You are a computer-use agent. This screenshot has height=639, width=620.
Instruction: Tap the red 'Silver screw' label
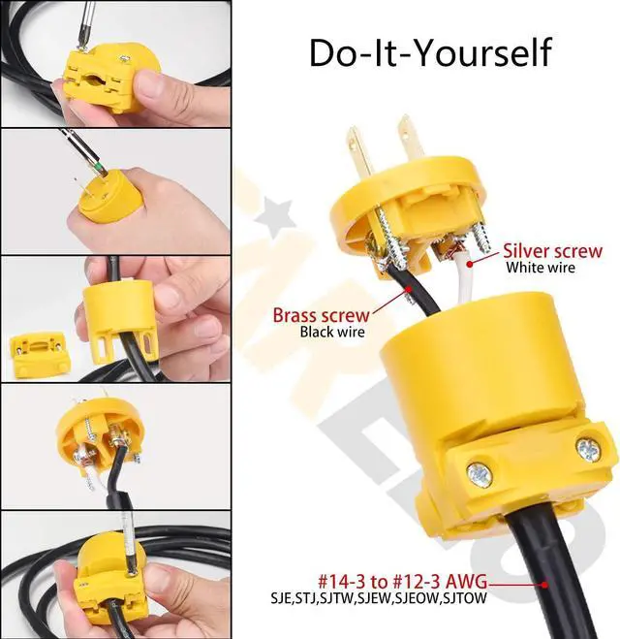coord(553,251)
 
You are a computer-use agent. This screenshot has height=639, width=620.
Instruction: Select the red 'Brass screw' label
coord(321,315)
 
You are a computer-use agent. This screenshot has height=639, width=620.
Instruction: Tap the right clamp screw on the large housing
coord(587,448)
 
